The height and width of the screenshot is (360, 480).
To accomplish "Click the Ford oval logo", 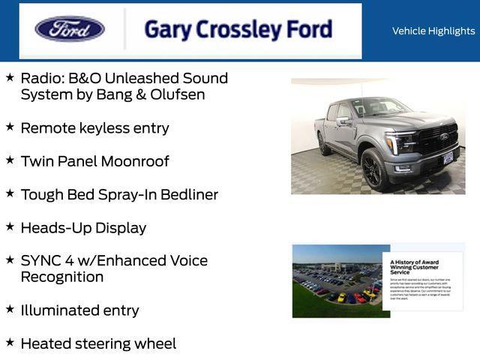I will pos(70,29).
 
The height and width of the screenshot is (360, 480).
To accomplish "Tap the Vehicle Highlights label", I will pos(433,31).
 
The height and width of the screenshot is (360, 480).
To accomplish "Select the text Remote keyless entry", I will pos(94,128).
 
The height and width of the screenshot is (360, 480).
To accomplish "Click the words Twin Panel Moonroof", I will pos(94,161).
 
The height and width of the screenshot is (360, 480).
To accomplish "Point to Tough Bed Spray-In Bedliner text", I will pos(119,194).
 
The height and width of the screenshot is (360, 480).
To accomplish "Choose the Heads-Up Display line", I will pos(83,227).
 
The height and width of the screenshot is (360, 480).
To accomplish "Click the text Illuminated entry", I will pos(79,310).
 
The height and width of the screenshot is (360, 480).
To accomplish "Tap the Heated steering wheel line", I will pos(98,343).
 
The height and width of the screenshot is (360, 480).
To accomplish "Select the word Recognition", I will pos(62,277).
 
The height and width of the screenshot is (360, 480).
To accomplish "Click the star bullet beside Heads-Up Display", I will pos(10,226).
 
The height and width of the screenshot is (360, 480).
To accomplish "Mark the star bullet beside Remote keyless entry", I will pos(10,127).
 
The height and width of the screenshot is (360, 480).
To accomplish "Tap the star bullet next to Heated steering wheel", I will pos(10,342).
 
